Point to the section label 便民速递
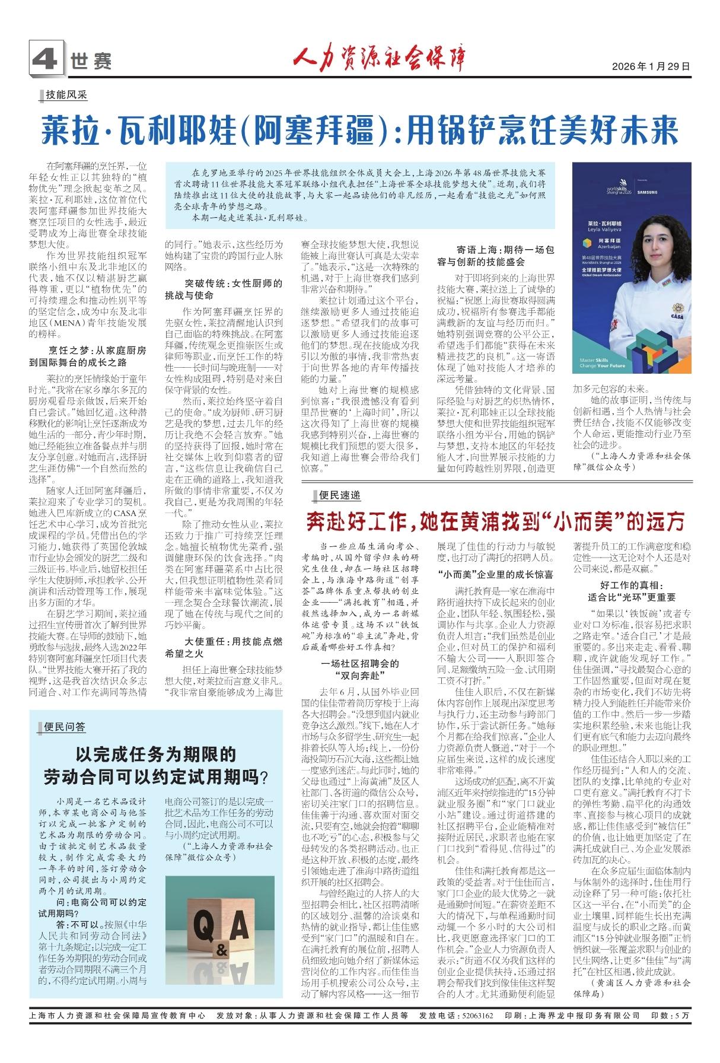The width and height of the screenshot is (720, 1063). tap(339, 495)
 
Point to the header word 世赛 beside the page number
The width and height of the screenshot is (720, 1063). tap(91, 61)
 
